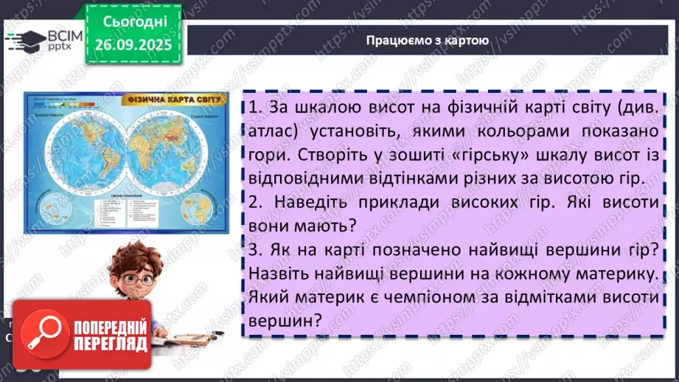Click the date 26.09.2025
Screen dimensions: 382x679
pyautogui.click(x=132, y=44)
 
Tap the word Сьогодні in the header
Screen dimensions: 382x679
pyautogui.click(x=132, y=20)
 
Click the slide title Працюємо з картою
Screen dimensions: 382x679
pyautogui.click(x=427, y=41)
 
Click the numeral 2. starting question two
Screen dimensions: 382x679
pyautogui.click(x=257, y=202)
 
